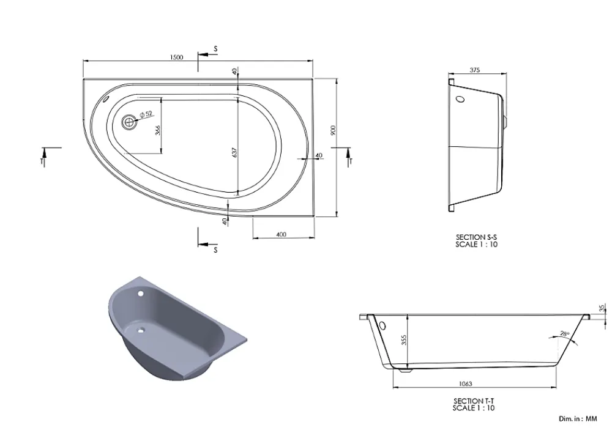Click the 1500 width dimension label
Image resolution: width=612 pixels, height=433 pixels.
176,57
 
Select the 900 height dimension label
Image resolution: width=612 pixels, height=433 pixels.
333,130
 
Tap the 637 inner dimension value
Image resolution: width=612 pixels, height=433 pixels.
234,152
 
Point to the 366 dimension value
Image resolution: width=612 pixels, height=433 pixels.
158,130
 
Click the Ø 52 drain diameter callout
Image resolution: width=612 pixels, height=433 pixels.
146,114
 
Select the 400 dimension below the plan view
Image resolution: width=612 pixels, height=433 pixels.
281,234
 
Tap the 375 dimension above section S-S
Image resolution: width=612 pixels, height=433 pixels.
475,70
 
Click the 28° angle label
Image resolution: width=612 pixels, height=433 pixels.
565,333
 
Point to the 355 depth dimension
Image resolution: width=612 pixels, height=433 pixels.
404,340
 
